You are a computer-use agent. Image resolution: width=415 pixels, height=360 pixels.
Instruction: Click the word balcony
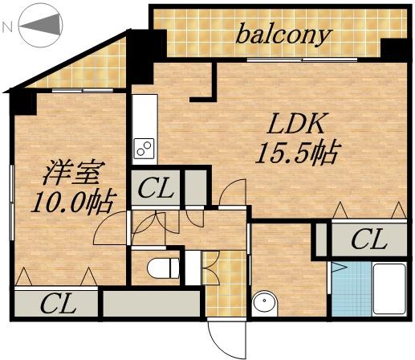click(283, 34)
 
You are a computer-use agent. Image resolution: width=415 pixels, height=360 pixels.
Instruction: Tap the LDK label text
click(295, 125)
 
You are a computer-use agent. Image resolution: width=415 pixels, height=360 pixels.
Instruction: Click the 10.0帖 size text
click(71, 199)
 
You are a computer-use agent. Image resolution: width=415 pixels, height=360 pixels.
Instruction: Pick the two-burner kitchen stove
click(144, 149)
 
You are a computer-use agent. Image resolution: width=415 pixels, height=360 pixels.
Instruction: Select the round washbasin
click(264, 305)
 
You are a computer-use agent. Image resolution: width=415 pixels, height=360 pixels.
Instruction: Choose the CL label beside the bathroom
click(368, 239)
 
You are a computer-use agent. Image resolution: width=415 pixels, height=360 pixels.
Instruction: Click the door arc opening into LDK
click(233, 193)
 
